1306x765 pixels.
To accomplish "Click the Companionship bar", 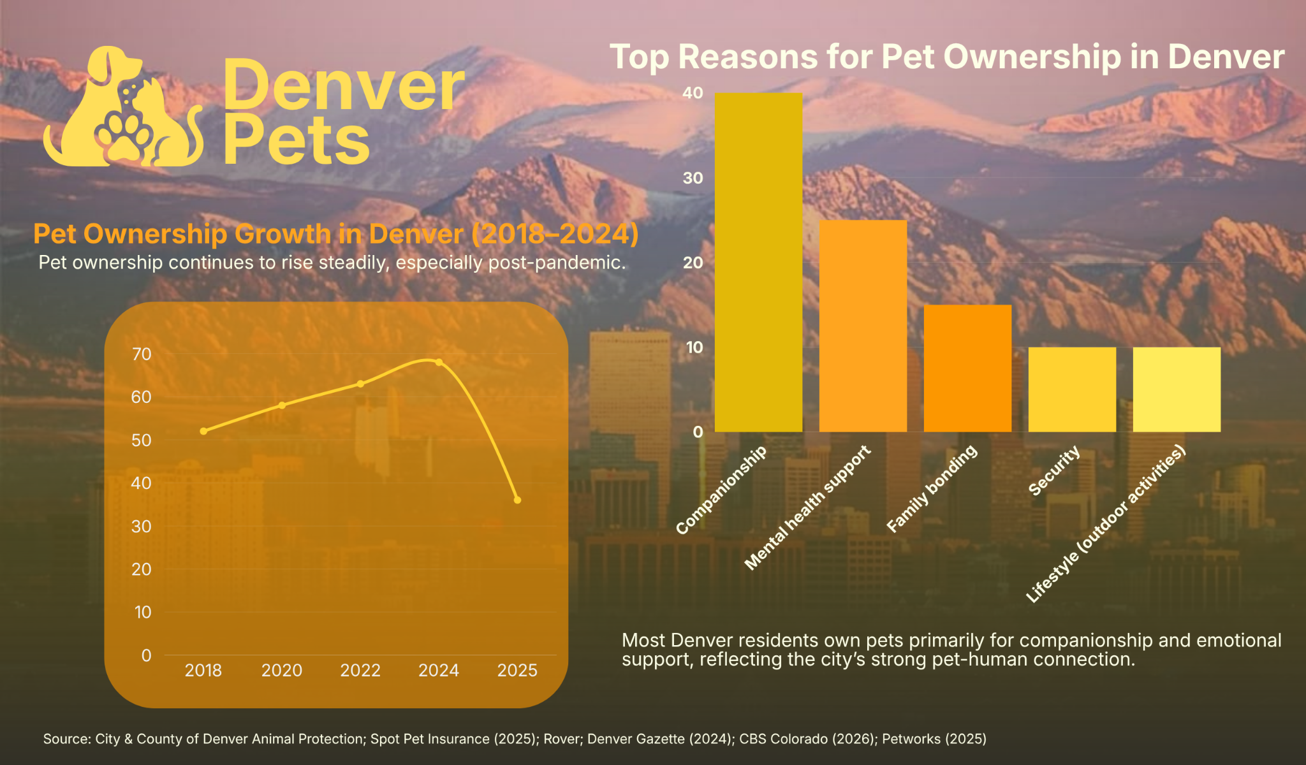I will (758, 262).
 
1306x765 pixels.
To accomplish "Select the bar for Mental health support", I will (863, 326).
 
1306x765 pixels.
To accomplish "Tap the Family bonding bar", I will (967, 368).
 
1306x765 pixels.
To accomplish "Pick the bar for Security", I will (1072, 390).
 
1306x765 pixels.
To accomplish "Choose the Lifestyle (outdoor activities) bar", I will (1177, 390).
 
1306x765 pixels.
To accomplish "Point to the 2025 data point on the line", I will (517, 500).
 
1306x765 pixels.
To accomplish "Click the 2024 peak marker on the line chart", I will (439, 362).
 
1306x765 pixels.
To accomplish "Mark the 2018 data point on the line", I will (203, 431).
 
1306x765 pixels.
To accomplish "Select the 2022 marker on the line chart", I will (360, 384).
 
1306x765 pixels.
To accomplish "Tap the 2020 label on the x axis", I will (282, 670).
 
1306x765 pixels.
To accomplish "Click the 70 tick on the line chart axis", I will (142, 354).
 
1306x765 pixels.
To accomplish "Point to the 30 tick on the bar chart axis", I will (693, 178).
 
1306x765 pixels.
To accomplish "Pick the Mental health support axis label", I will (807, 507).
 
